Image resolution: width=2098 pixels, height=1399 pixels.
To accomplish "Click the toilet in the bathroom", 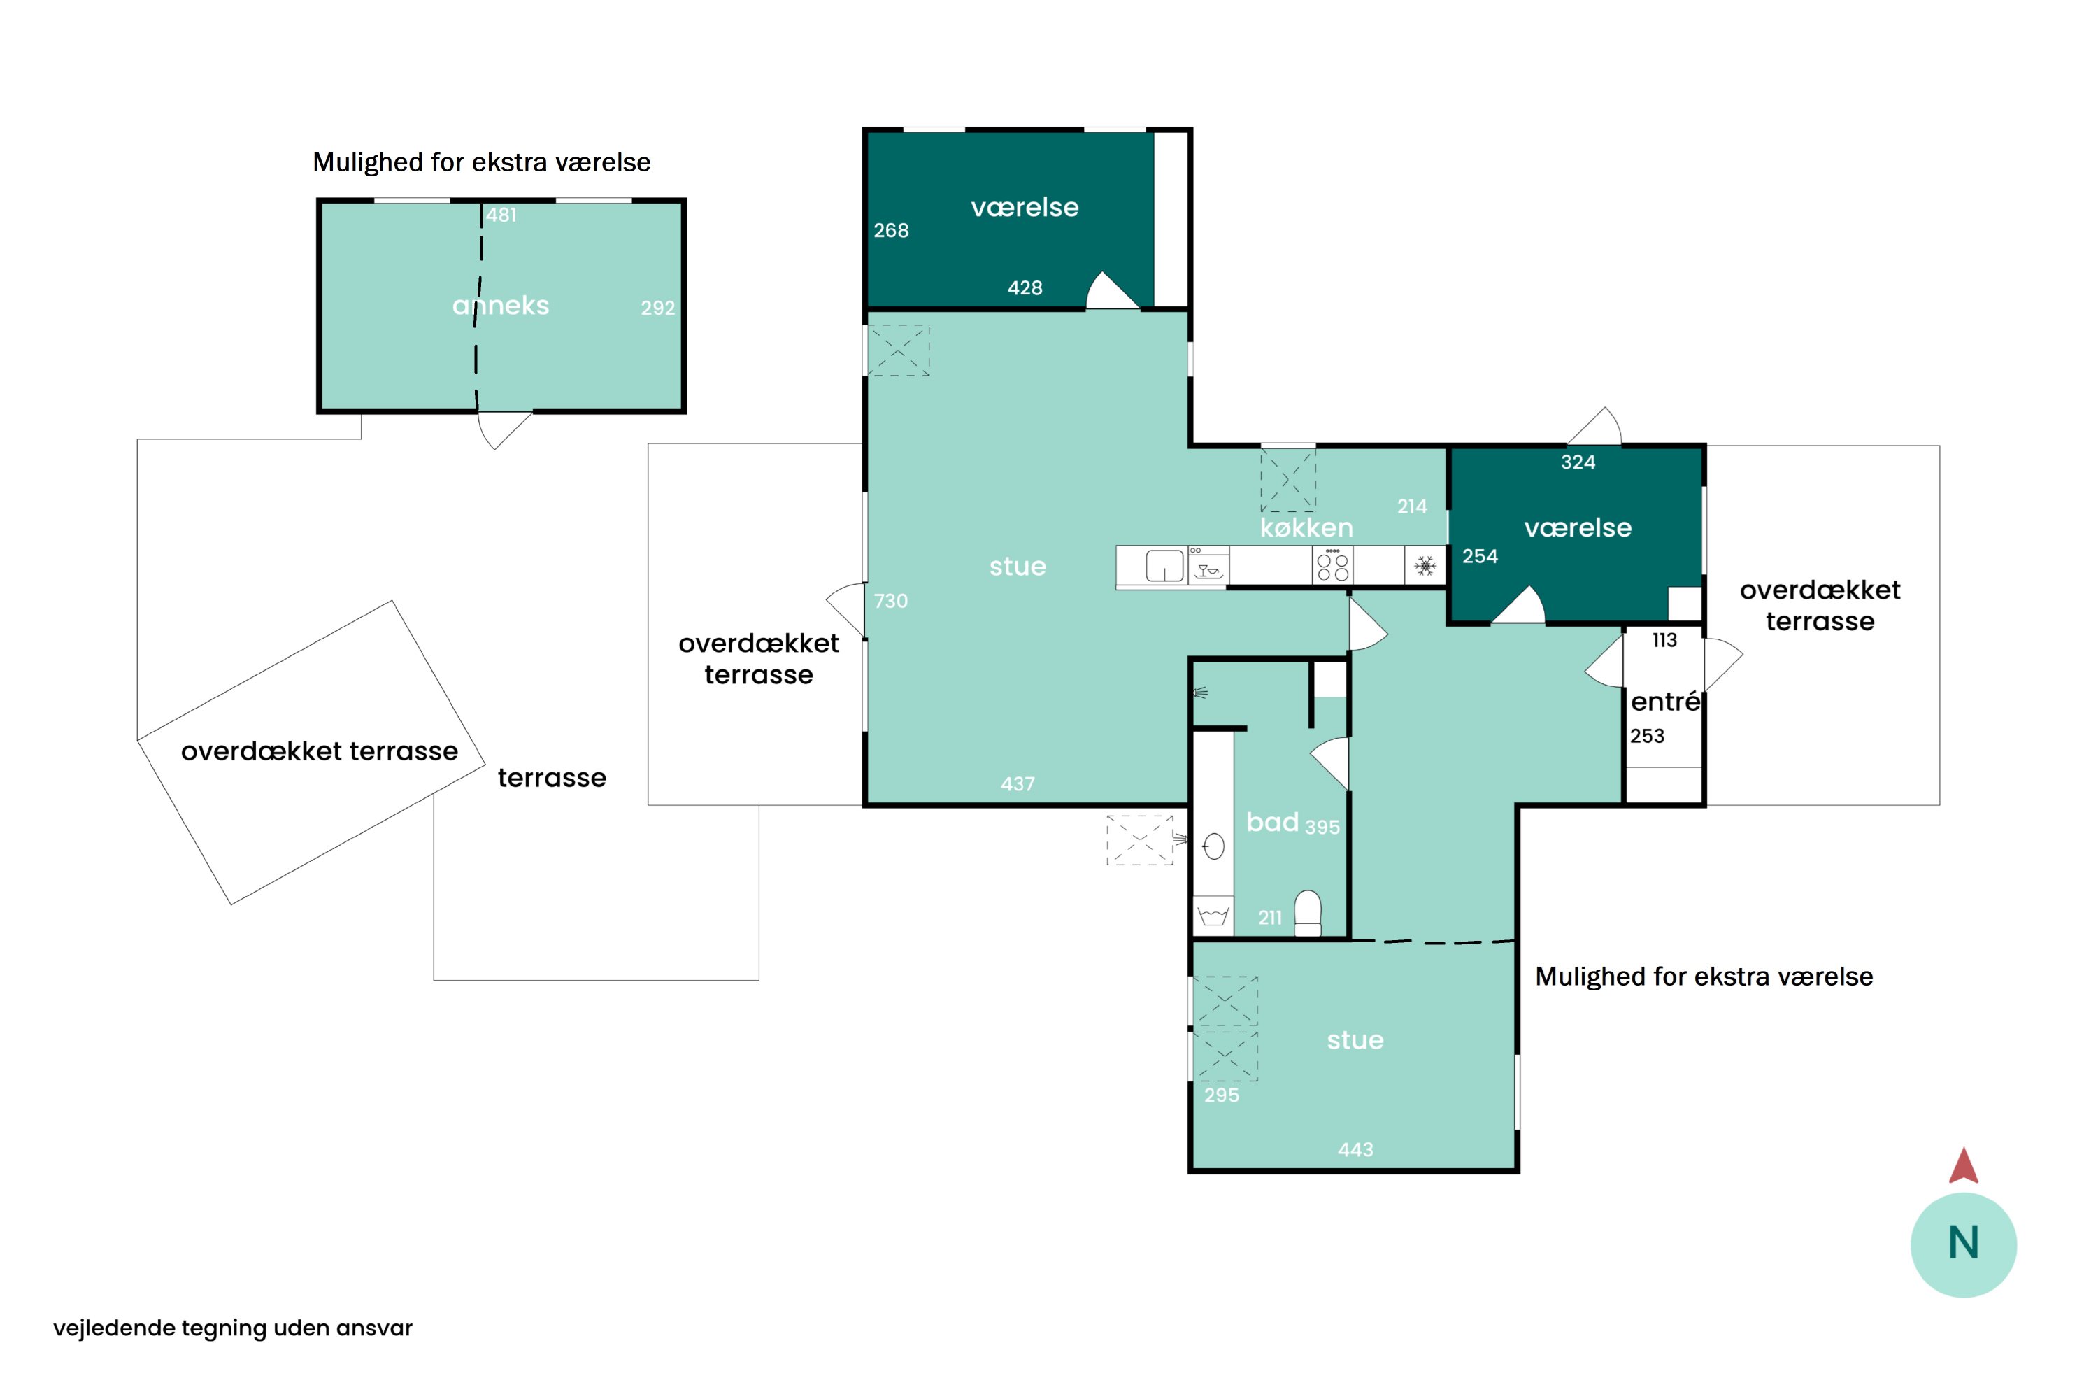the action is click(x=1308, y=913).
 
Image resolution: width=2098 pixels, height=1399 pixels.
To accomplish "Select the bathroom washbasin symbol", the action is click(x=1213, y=846).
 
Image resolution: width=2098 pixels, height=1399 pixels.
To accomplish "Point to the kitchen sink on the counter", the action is click(x=1164, y=566).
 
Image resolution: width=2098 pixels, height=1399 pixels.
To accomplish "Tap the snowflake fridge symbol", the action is click(x=1425, y=566).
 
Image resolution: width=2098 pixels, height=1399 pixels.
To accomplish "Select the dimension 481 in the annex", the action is click(x=501, y=215).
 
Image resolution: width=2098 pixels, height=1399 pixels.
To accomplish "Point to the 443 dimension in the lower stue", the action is click(x=1355, y=1150).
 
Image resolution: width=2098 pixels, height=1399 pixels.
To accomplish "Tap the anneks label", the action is click(x=501, y=306).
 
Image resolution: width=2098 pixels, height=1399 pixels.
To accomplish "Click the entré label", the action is click(x=1664, y=702).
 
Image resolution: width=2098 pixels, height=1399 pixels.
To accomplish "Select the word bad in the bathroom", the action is click(x=1272, y=822).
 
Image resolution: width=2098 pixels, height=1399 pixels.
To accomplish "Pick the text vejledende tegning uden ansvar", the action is click(x=233, y=1328).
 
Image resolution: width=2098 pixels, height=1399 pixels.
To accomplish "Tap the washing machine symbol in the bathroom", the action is click(x=1213, y=916).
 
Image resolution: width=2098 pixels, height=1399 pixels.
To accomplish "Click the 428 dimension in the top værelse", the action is click(x=1025, y=288).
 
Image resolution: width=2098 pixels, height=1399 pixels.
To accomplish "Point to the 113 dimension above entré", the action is click(x=1664, y=641).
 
